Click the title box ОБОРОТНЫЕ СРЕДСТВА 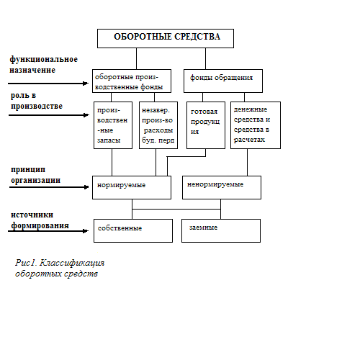pyautogui.click(x=166, y=38)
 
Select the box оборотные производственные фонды pyautogui.click(x=132, y=81)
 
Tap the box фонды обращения pyautogui.click(x=223, y=81)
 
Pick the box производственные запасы pyautogui.click(x=113, y=125)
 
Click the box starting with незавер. pyautogui.click(x=158, y=125)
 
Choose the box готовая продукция pyautogui.click(x=206, y=125)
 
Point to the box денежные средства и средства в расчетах pyautogui.click(x=256, y=125)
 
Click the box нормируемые pyautogui.click(x=132, y=187)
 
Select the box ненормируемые pyautogui.click(x=222, y=187)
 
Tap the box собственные pyautogui.click(x=133, y=230)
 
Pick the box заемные pyautogui.click(x=221, y=230)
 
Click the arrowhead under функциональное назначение pyautogui.click(x=86, y=84)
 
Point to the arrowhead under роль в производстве pyautogui.click(x=86, y=115)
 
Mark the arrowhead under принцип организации pyautogui.click(x=86, y=187)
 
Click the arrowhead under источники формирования pyautogui.click(x=86, y=231)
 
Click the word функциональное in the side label pyautogui.click(x=44, y=60)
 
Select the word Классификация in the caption pyautogui.click(x=72, y=263)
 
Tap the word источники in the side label pyautogui.click(x=32, y=215)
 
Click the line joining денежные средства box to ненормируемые pyautogui.click(x=248, y=163)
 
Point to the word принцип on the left pyautogui.click(x=28, y=170)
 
